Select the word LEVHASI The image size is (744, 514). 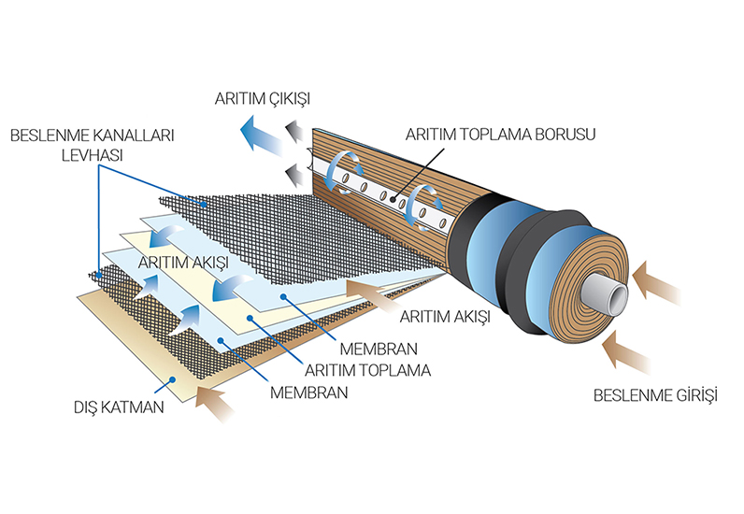coord(90,155)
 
